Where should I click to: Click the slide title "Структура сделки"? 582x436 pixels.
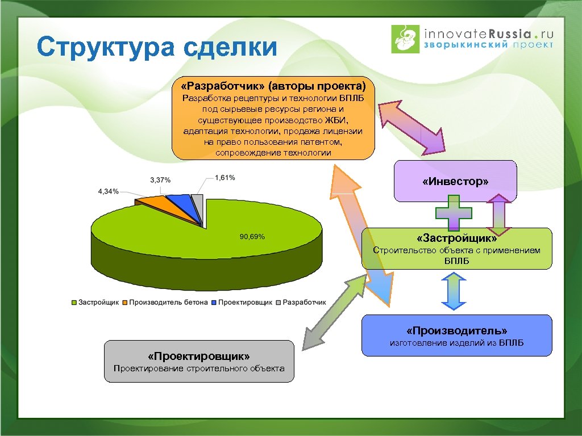click(x=157, y=48)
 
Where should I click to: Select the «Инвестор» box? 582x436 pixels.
click(x=455, y=182)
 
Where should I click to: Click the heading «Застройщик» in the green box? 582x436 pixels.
click(x=456, y=238)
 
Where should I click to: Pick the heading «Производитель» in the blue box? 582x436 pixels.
click(x=456, y=330)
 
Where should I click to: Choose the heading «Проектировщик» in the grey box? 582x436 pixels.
click(x=198, y=357)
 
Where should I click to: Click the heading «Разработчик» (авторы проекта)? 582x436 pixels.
click(x=273, y=86)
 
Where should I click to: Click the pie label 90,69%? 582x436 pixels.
click(x=251, y=237)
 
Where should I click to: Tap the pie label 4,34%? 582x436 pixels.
click(x=109, y=191)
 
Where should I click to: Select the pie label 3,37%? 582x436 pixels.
click(x=160, y=180)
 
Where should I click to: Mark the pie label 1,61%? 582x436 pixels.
click(x=225, y=178)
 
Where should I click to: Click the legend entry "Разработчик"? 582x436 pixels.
click(x=304, y=302)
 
